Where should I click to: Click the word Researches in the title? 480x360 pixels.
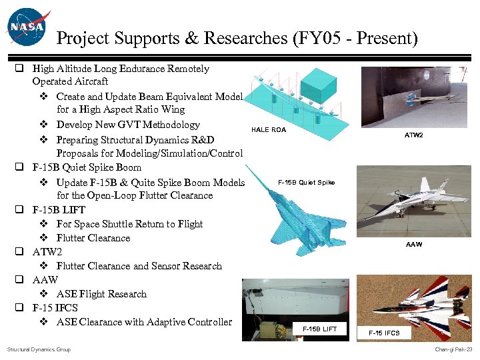click(x=234, y=39)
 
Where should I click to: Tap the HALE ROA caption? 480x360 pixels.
click(x=269, y=130)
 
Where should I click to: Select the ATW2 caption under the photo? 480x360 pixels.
click(x=413, y=135)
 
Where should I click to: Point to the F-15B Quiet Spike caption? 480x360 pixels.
click(x=306, y=182)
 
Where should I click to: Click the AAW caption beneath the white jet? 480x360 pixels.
click(x=414, y=245)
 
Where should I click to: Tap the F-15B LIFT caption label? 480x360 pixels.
click(x=320, y=329)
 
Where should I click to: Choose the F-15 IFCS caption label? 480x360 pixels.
click(x=384, y=333)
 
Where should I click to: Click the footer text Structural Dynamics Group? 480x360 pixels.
click(x=39, y=349)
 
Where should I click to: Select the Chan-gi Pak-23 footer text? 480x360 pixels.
click(x=453, y=349)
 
